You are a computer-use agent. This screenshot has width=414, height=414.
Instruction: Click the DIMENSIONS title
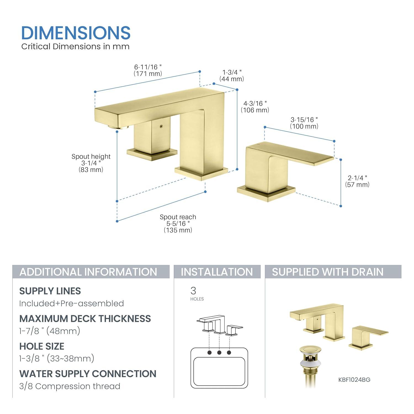click(76, 33)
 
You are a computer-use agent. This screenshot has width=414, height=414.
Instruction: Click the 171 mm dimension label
click(148, 70)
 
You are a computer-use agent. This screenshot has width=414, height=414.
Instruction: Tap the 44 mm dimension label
click(232, 76)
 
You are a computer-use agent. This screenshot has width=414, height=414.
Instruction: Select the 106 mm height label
click(255, 107)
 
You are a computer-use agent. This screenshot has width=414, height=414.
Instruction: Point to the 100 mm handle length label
click(304, 123)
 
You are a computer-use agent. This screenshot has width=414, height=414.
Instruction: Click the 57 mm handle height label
click(357, 181)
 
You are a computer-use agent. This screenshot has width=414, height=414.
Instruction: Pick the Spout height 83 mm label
click(91, 163)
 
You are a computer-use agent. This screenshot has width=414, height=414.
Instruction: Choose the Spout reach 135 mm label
click(178, 224)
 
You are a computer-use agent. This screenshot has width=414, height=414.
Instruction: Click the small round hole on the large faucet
click(161, 126)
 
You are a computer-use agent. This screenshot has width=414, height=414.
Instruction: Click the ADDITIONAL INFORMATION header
click(88, 272)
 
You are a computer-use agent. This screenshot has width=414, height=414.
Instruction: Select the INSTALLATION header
click(217, 272)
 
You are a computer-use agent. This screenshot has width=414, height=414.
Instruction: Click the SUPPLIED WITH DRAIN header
click(328, 272)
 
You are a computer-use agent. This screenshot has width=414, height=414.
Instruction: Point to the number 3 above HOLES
click(193, 291)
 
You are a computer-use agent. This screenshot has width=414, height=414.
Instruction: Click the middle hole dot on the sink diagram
click(219, 352)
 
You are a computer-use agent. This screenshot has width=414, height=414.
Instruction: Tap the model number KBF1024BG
click(354, 380)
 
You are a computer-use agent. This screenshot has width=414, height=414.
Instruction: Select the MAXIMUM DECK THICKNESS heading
click(85, 319)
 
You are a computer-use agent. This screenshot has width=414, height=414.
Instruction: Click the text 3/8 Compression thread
click(70, 386)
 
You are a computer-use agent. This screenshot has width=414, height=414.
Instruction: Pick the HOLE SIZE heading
click(42, 346)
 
